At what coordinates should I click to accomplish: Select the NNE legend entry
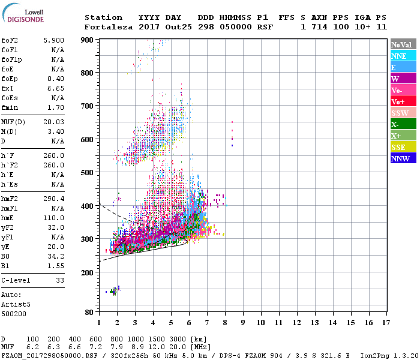pos(403,56)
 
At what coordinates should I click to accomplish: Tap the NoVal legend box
pos(403,44)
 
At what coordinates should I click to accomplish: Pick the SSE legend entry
pos(403,147)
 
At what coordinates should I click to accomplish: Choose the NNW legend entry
pos(403,158)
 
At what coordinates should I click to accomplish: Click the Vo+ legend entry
pos(403,101)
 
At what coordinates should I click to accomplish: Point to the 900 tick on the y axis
pos(88,40)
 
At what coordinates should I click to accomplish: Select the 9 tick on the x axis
pos(243,322)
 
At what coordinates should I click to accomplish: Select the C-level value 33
pos(59,280)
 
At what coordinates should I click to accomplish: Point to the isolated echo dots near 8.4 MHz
pos(232,133)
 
